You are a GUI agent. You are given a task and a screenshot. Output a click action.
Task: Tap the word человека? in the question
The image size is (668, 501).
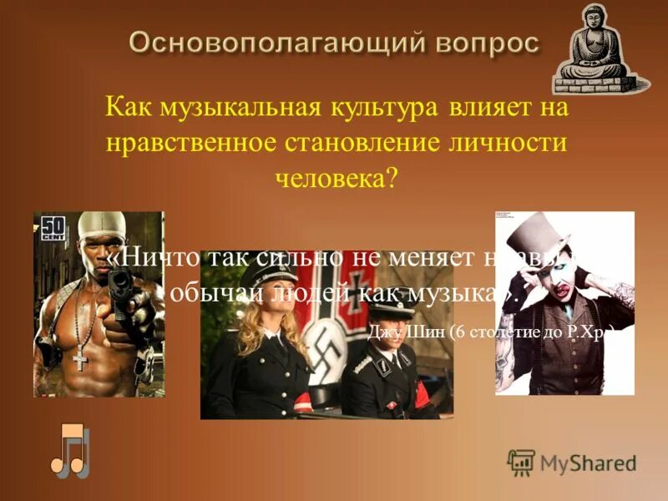pos(335,178)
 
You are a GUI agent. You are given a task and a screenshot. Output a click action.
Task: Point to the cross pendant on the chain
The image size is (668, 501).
pos(80,359)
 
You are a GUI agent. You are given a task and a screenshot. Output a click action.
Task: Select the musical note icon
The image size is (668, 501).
pos(68,451)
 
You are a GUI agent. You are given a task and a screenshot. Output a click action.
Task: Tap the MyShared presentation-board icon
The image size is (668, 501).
pos(521,463)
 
